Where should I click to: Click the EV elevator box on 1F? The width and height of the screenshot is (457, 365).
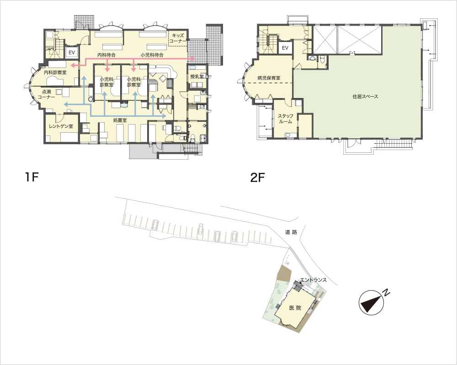pos(72,52)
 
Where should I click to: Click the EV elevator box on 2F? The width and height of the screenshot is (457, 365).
pos(285,48)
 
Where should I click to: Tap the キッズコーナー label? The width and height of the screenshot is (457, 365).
pos(177,38)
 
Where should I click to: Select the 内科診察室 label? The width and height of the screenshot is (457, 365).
pos(55,72)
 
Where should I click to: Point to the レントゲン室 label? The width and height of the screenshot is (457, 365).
pos(61,126)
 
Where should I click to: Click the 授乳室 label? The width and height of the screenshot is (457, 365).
pos(197,77)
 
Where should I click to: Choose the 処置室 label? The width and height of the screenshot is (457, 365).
pos(120,120)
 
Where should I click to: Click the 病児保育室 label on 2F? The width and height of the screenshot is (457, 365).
pos(269,78)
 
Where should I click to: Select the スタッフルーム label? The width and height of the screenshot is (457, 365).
pos(285,119)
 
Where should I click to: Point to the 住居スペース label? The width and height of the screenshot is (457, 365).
pos(366,96)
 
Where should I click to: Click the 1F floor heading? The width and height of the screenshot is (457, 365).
pos(32,177)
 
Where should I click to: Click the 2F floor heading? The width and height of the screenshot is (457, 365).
pos(257,177)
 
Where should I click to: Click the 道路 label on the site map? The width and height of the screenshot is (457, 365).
pos(291,232)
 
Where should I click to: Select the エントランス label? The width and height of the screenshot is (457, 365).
pos(314,280)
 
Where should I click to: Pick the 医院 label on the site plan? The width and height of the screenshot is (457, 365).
pos(295,308)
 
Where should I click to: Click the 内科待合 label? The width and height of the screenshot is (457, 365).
pos(106,55)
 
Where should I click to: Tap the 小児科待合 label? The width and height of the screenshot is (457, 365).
pos(152,55)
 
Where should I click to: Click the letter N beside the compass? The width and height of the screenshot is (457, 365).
pos(386,292)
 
